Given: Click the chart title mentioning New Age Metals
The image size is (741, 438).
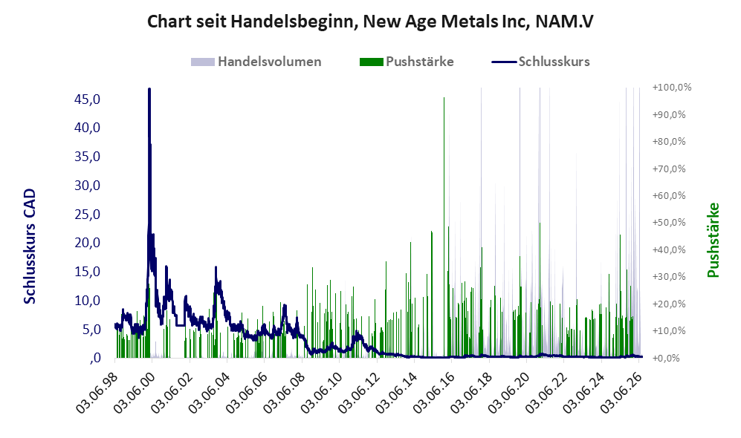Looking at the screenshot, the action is [370, 22].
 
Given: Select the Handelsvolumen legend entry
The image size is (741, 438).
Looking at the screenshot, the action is [256, 62].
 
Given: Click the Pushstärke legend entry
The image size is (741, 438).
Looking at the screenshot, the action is [407, 62].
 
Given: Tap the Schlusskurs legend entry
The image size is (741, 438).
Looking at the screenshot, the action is [540, 62].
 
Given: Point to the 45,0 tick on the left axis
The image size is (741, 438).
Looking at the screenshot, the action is [88, 99].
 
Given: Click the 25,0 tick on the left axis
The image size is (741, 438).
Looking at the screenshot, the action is [88, 215].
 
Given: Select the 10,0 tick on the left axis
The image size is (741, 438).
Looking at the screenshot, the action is [88, 300].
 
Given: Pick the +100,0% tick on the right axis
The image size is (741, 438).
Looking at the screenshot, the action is [672, 88].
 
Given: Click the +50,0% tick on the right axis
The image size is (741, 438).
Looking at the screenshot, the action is [669, 222].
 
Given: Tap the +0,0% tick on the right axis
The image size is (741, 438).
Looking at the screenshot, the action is [667, 359].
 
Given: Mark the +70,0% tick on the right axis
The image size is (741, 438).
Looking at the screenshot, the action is [669, 169].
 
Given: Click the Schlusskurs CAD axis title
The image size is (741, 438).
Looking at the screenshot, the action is [30, 246].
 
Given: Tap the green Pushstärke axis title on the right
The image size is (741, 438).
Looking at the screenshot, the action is [713, 241].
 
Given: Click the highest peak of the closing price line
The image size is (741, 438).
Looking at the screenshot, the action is [149, 89].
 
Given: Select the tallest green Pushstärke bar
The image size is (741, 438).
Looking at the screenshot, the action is [444, 227].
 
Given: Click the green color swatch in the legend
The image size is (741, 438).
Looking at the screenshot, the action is [371, 62].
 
